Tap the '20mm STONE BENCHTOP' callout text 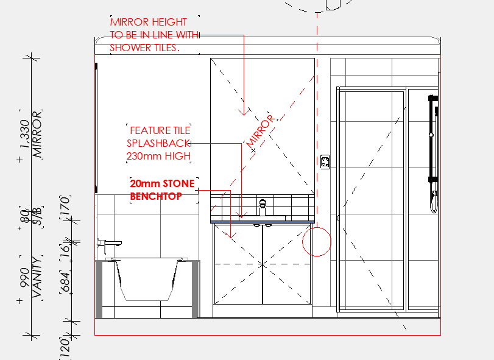(x=162, y=189)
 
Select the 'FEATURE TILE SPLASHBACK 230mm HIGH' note (x=159, y=143)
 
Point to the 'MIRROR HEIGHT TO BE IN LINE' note (x=154, y=35)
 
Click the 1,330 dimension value (x=24, y=134)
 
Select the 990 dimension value (x=24, y=278)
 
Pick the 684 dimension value (x=65, y=282)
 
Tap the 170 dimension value (x=65, y=206)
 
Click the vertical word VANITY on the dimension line (x=37, y=277)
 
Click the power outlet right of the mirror (x=325, y=162)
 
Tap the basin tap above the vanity (x=263, y=207)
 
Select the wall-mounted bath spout (x=109, y=245)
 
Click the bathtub (x=147, y=280)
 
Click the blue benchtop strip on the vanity (x=263, y=222)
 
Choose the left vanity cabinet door (x=238, y=264)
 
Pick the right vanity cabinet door (x=286, y=264)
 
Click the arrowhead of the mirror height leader (x=244, y=112)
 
